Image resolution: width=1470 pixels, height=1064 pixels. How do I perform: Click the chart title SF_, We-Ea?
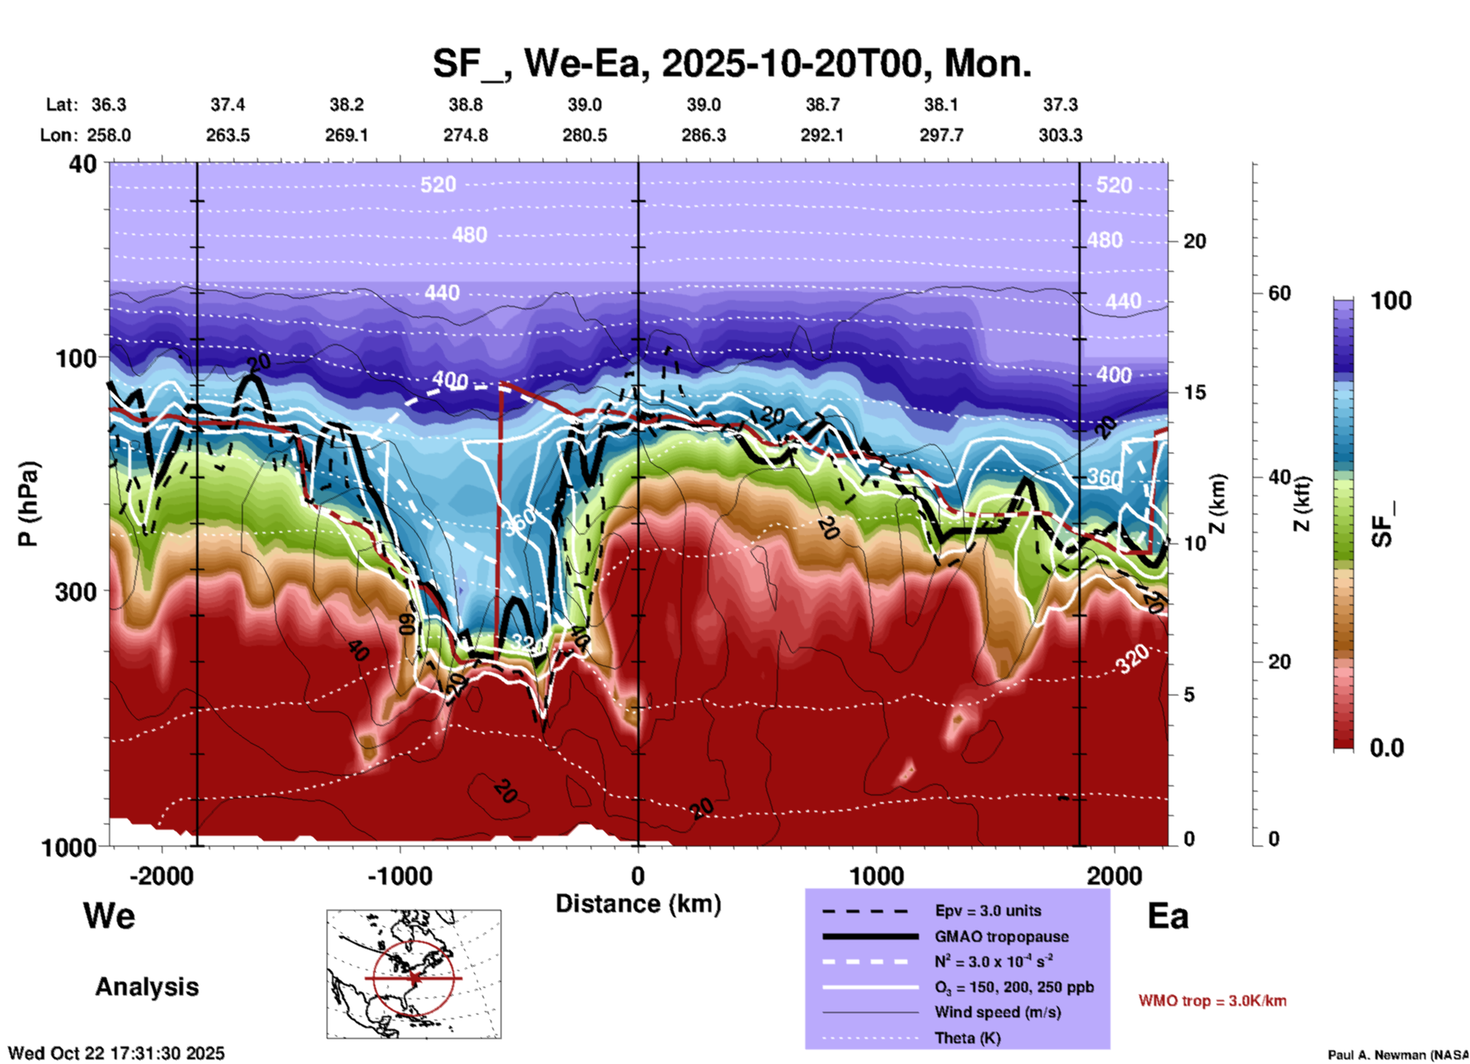pyautogui.click(x=731, y=63)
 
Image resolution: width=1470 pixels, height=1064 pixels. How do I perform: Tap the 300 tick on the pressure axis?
pyautogui.click(x=76, y=592)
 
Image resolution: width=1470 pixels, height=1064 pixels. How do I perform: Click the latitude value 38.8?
pyautogui.click(x=465, y=105)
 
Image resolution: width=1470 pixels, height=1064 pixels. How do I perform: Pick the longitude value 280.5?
pyautogui.click(x=585, y=135)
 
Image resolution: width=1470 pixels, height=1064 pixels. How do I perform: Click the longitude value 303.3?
pyautogui.click(x=1060, y=135)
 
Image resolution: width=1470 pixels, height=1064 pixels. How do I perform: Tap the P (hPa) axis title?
pyautogui.click(x=28, y=504)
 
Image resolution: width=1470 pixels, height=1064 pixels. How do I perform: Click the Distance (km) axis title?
pyautogui.click(x=638, y=904)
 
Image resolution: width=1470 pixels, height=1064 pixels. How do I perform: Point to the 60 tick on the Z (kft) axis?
pyautogui.click(x=1279, y=293)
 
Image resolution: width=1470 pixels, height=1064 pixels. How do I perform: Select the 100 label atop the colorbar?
pyautogui.click(x=1391, y=301)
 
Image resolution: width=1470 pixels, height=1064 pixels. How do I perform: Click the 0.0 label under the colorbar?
pyautogui.click(x=1387, y=747)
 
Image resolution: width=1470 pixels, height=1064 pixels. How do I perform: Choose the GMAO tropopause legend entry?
pyautogui.click(x=1001, y=937)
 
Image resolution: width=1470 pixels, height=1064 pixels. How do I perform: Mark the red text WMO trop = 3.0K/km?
pyautogui.click(x=1212, y=1001)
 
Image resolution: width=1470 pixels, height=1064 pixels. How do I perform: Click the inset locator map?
pyautogui.click(x=414, y=974)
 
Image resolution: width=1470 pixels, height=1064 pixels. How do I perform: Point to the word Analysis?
pyautogui.click(x=147, y=987)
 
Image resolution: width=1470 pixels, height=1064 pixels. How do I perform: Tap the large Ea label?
pyautogui.click(x=1168, y=917)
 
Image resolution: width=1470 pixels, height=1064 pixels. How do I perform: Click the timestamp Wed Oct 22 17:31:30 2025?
pyautogui.click(x=117, y=1053)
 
